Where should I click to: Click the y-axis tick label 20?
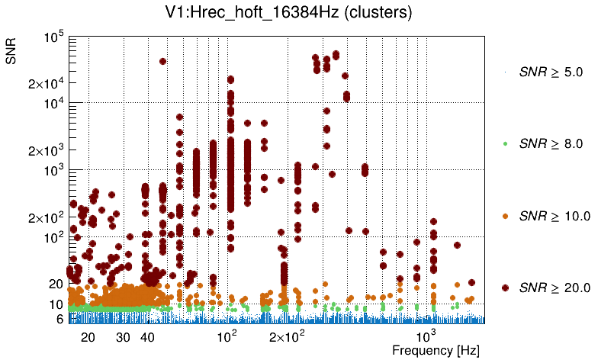(x=55, y=284)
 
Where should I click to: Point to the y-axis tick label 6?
(x=59, y=319)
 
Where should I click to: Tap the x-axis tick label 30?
(x=123, y=337)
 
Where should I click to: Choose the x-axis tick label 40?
(x=148, y=337)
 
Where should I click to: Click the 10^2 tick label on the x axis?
(x=227, y=336)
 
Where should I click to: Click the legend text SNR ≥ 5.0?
(x=551, y=72)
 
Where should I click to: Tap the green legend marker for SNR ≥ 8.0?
(x=505, y=143)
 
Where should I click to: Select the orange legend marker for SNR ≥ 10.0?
(x=505, y=216)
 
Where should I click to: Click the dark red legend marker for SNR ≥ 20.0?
(x=505, y=288)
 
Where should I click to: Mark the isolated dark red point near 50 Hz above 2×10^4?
(x=162, y=61)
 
